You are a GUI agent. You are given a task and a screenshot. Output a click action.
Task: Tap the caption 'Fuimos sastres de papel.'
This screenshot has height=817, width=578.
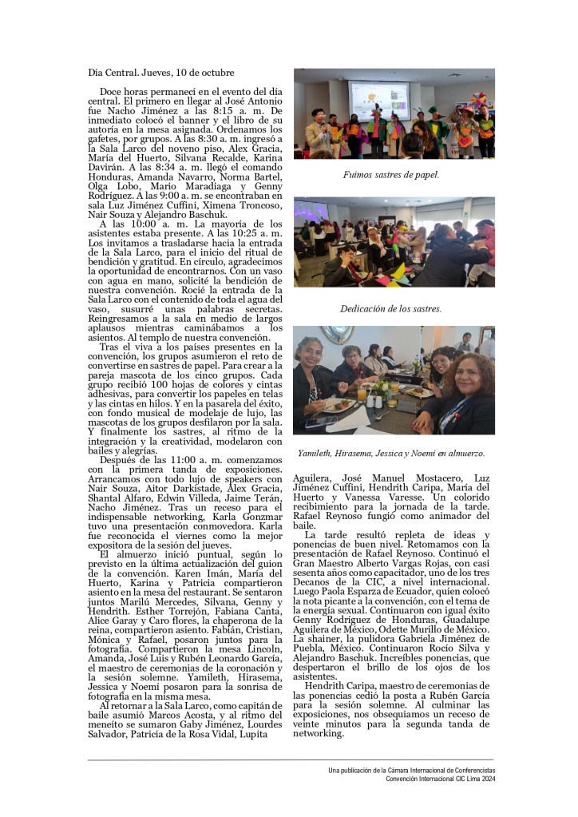point(391,173)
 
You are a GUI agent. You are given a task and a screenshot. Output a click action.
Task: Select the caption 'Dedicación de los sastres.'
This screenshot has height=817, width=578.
point(391,307)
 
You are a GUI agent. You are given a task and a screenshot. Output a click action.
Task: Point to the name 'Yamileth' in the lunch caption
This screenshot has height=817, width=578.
point(316,453)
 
